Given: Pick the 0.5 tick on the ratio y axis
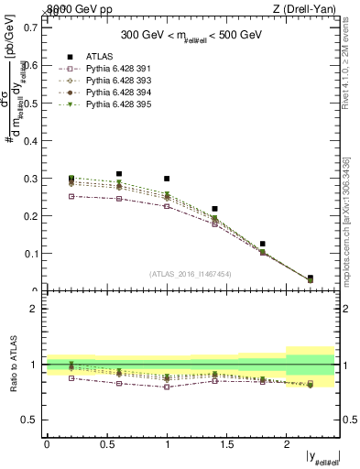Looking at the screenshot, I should (x=31, y=420).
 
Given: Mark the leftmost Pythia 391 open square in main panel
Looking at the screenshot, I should (x=71, y=196).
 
